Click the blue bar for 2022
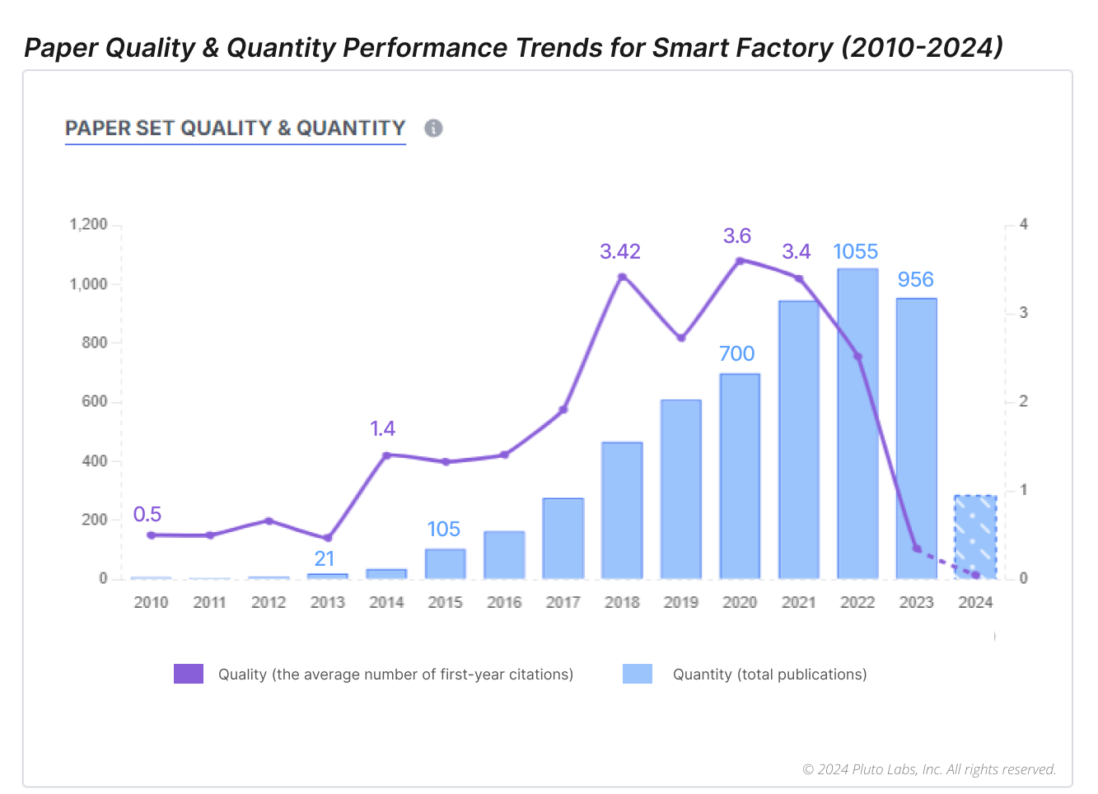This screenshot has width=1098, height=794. tap(857, 424)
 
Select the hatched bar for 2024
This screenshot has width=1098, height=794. tap(975, 537)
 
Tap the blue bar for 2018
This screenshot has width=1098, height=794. tap(622, 511)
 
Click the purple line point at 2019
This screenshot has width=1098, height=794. tap(681, 338)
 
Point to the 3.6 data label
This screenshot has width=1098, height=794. tap(737, 236)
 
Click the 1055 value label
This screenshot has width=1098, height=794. tap(856, 252)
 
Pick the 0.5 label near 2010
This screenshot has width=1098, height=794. tap(147, 515)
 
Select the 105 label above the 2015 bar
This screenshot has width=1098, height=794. tap(443, 530)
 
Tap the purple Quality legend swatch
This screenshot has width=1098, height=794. tap(189, 674)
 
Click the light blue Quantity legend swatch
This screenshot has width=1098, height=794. tap(638, 674)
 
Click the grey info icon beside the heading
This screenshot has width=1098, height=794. tap(433, 128)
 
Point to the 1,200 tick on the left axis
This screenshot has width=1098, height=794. tap(89, 225)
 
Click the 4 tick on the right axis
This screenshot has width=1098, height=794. tap(1024, 225)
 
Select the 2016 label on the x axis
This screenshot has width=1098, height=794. tap(504, 602)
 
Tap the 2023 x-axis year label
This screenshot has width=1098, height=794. tap(916, 602)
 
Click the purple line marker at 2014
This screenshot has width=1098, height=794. tap(386, 455)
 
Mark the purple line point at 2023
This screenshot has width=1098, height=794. tap(916, 548)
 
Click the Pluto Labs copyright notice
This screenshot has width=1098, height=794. tap(929, 769)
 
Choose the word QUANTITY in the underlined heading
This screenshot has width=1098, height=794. tap(351, 128)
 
